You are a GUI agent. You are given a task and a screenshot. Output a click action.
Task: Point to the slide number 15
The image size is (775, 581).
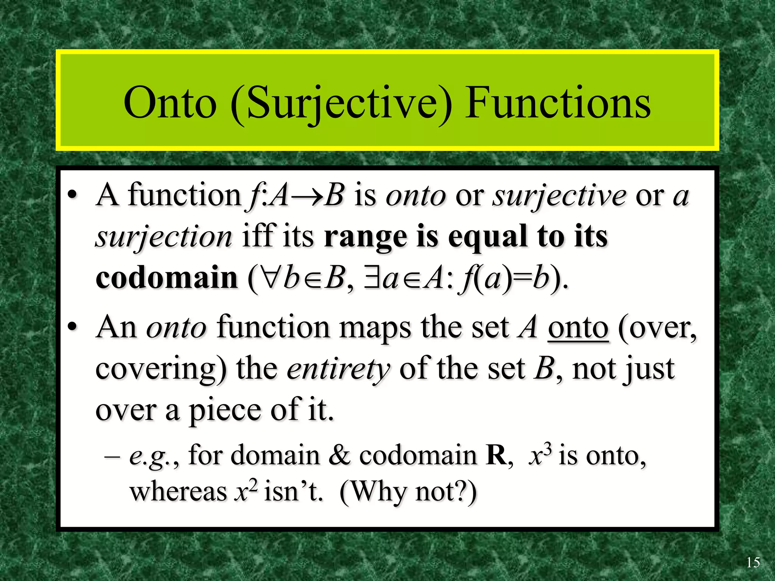tap(753, 562)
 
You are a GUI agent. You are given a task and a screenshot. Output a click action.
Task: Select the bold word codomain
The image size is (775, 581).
tap(167, 277)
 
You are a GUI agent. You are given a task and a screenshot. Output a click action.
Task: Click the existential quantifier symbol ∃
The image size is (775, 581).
tap(372, 277)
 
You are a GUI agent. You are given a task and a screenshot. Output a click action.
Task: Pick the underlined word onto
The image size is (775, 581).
tap(578, 328)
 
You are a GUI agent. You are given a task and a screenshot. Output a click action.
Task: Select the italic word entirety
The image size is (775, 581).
tap(338, 369)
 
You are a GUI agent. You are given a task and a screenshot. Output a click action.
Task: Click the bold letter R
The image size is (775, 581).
tap(496, 455)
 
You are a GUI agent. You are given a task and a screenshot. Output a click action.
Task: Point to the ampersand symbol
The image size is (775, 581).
tap(339, 455)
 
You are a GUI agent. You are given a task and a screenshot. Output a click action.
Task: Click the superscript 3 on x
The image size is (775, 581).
tap(548, 449)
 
